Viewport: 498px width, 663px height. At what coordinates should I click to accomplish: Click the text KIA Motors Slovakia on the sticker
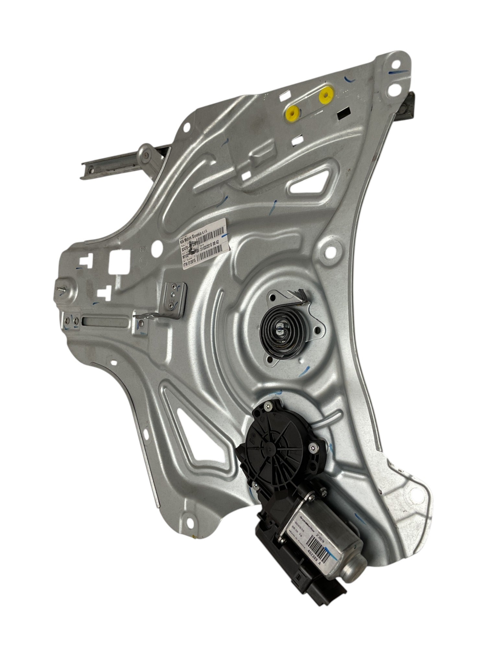pos(198,234)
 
